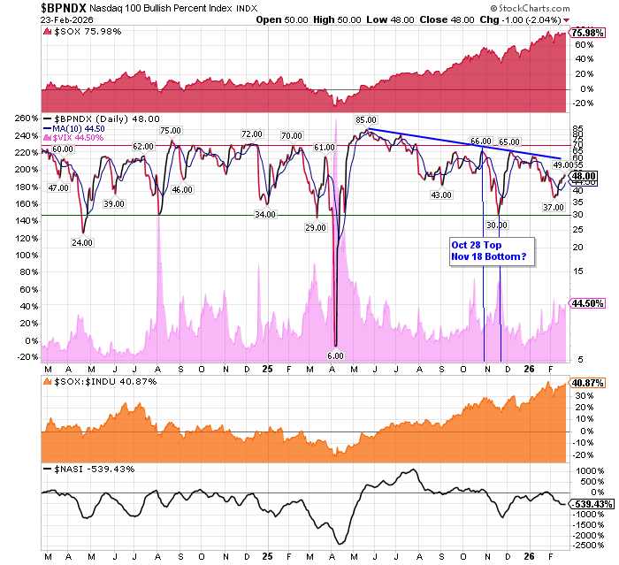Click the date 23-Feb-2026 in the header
tap(28, 19)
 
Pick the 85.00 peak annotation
tap(366, 119)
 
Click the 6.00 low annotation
tap(337, 355)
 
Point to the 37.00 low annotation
tap(553, 207)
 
